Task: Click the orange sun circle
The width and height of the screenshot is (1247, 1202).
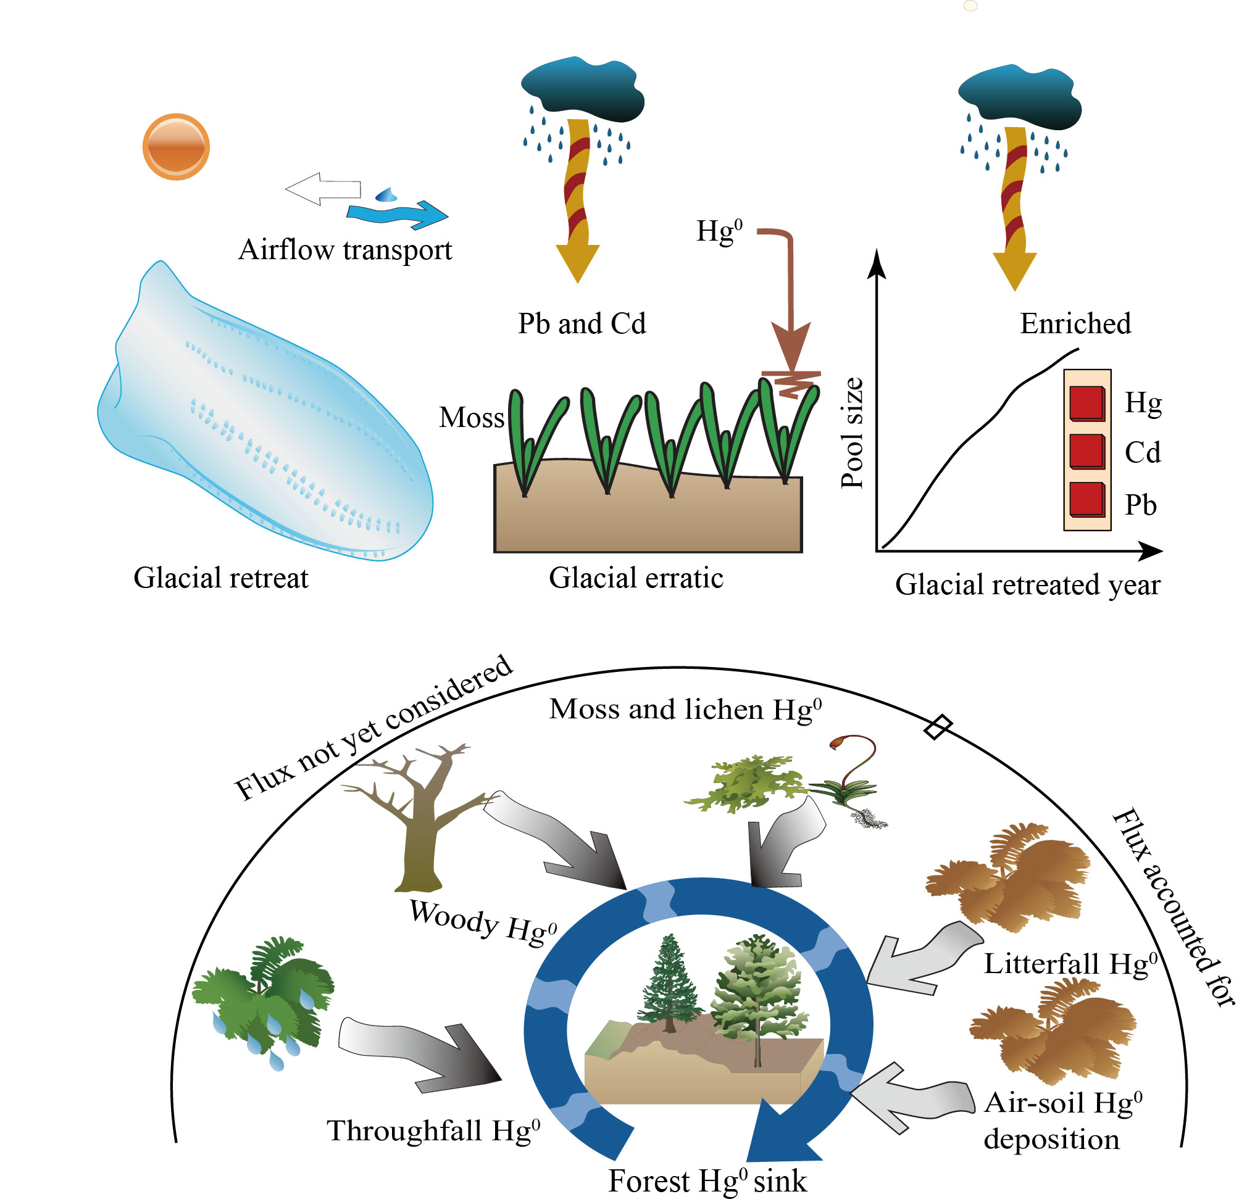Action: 175,147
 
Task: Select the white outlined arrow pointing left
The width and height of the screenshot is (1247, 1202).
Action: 323,188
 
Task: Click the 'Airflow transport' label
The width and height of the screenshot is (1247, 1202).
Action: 345,250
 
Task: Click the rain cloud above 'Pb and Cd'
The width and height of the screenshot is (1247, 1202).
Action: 582,89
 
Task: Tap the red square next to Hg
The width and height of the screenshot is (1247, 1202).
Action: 1086,403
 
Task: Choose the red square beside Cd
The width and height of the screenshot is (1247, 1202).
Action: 1086,451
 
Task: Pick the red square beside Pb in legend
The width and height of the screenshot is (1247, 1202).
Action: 1086,499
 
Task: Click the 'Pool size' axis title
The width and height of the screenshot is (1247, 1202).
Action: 852,433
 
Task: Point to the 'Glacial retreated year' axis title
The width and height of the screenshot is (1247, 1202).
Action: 1027,584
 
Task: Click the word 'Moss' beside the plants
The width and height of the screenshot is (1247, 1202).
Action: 472,418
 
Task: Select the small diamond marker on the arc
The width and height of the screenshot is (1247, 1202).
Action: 938,726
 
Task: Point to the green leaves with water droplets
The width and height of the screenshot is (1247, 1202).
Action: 264,998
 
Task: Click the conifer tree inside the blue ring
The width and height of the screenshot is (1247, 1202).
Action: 669,982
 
